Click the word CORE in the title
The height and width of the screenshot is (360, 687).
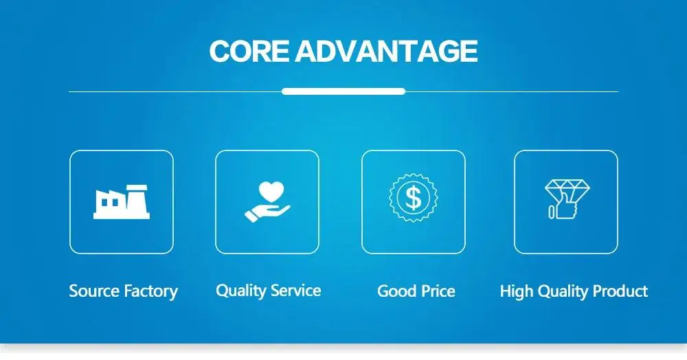click(249, 51)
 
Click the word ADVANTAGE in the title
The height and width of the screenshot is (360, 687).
click(386, 51)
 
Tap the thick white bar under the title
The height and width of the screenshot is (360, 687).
click(343, 91)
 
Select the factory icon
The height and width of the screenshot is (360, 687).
click(122, 202)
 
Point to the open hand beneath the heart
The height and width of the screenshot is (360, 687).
click(267, 213)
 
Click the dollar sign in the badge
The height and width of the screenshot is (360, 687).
click(413, 197)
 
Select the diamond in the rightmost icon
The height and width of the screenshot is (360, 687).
click(567, 188)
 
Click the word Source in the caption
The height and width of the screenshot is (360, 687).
click(93, 291)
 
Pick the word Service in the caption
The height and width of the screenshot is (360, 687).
click(295, 291)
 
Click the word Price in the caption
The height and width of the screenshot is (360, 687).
click(438, 291)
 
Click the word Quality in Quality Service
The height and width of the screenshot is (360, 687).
click(241, 291)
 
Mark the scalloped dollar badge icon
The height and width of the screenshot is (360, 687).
click(413, 174)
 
